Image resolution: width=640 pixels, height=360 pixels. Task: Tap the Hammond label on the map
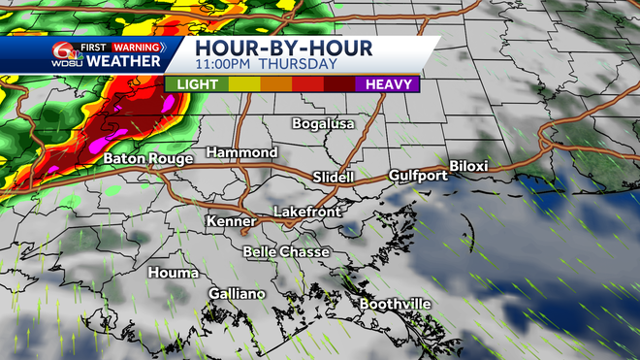pyautogui.click(x=242, y=153)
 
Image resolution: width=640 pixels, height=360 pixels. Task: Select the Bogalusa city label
pyautogui.click(x=324, y=123)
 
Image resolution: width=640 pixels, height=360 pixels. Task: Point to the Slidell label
pyautogui.click(x=336, y=178)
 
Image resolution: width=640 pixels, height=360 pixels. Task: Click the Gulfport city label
pyautogui.click(x=418, y=176)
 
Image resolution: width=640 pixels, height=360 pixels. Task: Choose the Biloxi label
pyautogui.click(x=468, y=166)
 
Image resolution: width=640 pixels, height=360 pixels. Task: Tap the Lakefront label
pyautogui.click(x=305, y=212)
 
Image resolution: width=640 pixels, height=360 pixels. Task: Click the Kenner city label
pyautogui.click(x=231, y=222)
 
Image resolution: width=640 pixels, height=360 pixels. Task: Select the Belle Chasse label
pyautogui.click(x=286, y=252)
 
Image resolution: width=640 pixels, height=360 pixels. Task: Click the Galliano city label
pyautogui.click(x=237, y=294)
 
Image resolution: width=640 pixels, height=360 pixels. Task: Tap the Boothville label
pyautogui.click(x=395, y=304)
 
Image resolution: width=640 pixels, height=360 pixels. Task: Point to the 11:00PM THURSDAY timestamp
pyautogui.click(x=266, y=64)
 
